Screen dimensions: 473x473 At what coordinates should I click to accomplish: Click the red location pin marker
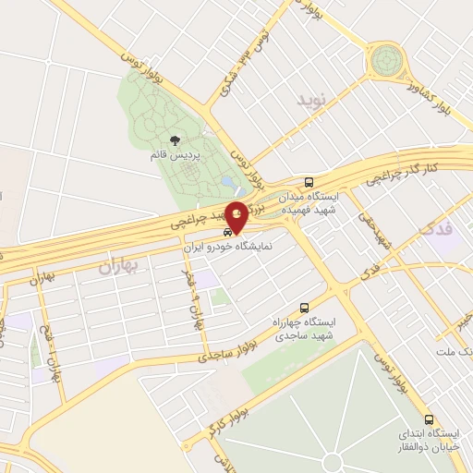(x=237, y=216)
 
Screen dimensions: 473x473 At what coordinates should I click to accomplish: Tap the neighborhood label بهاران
(x=115, y=266)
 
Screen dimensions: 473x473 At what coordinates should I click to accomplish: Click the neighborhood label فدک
(x=436, y=226)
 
